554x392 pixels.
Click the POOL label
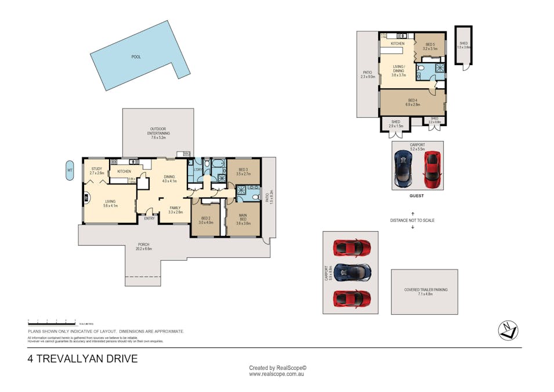coord(136,57)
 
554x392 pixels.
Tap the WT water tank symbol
coord(70,170)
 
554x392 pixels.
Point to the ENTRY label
coord(149,218)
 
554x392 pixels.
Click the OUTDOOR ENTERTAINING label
coord(158,131)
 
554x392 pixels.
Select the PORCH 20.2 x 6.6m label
coord(143,246)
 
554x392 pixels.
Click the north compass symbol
coord(508,330)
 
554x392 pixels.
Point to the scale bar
coord(52,321)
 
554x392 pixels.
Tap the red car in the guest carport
coord(432,170)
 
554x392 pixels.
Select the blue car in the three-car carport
coord(352,273)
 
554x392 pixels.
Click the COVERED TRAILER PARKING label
coord(425,292)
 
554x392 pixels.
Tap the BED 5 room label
coord(430,46)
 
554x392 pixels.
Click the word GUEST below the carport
coord(416,196)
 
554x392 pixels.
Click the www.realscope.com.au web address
coord(277,375)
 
